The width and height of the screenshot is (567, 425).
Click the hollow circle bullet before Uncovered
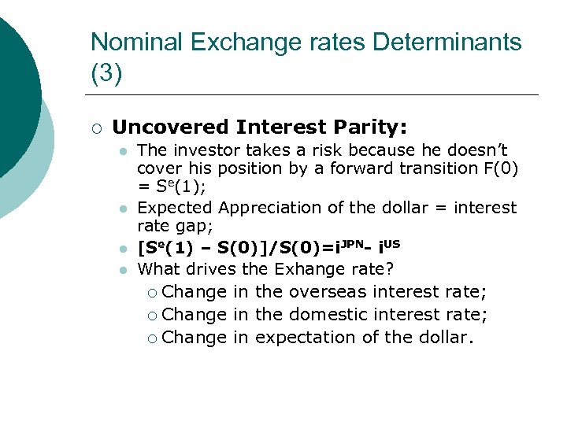tap(95, 128)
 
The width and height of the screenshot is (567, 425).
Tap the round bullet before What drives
tap(122, 270)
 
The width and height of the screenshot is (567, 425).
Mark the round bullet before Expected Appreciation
tap(122, 209)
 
